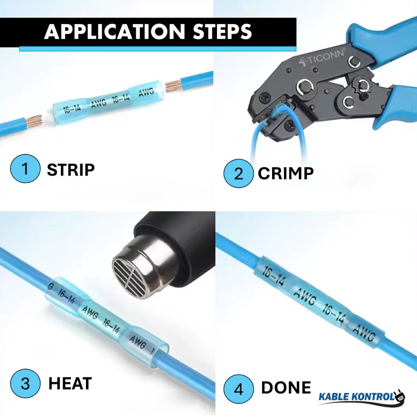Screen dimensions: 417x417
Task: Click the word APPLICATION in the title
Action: [x=113, y=32]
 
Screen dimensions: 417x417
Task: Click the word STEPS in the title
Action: [x=219, y=32]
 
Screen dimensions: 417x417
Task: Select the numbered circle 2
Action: [x=238, y=173]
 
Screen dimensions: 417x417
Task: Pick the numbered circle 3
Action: [x=25, y=384]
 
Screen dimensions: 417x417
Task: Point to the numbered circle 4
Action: [x=238, y=388]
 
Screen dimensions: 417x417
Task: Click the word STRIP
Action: [x=71, y=170]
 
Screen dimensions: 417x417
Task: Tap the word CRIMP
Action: [x=286, y=173]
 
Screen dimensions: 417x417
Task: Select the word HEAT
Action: [x=70, y=384]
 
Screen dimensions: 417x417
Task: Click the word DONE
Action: [x=286, y=388]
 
